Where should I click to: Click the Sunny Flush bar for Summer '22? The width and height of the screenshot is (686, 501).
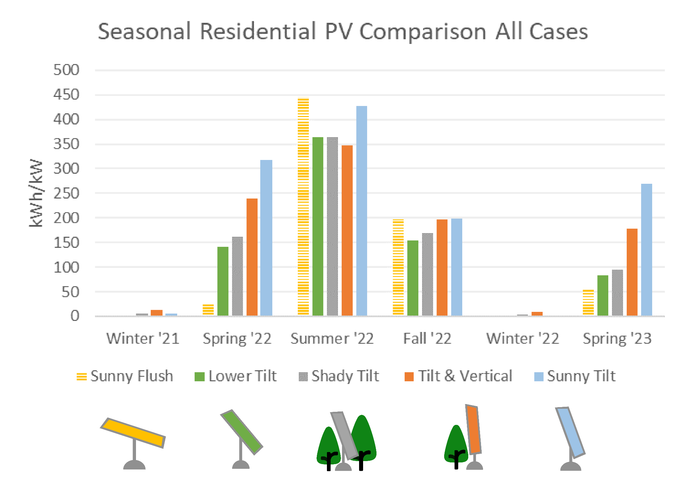point(303,206)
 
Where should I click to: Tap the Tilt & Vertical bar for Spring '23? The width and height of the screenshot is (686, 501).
point(632,272)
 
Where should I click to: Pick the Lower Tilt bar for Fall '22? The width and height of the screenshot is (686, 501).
point(413,278)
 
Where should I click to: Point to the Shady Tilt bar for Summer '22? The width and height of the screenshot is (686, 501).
point(332,226)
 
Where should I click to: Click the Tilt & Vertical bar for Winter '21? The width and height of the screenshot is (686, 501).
point(156,313)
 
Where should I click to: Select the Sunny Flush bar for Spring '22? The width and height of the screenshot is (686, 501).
point(208,310)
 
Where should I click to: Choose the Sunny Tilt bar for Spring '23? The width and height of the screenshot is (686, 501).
point(646,249)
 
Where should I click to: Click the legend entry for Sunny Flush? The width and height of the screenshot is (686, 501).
point(125,376)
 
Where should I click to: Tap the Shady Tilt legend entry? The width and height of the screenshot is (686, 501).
point(339,376)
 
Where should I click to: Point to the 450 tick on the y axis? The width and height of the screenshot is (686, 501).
point(66,95)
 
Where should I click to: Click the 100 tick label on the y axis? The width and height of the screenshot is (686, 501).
point(66,268)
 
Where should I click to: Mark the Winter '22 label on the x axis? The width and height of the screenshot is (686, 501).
point(523,339)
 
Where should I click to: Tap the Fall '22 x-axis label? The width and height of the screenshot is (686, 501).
point(427,339)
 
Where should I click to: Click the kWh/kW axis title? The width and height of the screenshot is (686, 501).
point(36,193)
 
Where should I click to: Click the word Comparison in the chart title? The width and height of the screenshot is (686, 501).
point(423,32)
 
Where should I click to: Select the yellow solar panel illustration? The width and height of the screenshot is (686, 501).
point(133,433)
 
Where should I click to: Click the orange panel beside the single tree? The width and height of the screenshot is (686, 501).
point(473,429)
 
